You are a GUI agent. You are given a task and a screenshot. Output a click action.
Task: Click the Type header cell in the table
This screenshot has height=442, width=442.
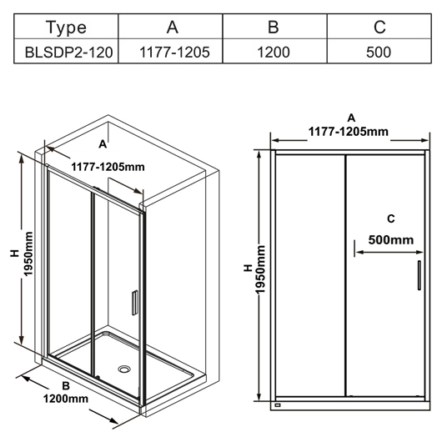(x=66, y=26)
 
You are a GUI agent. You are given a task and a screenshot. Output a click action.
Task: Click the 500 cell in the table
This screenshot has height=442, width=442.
(x=379, y=51)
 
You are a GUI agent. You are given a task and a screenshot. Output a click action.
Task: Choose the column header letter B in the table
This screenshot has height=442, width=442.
(x=274, y=27)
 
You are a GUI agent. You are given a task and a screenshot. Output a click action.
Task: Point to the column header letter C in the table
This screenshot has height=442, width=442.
(x=379, y=27)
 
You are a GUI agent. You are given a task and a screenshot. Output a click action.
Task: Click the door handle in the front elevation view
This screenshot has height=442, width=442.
(x=419, y=275)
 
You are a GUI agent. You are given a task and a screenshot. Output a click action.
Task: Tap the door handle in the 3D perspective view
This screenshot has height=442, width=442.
(x=135, y=303)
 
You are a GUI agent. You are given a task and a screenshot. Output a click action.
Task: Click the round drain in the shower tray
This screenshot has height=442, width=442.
(x=124, y=369)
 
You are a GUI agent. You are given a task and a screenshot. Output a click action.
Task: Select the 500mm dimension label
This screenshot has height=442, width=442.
(x=391, y=240)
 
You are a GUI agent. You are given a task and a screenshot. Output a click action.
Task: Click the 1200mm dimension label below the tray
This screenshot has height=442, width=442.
(x=65, y=399)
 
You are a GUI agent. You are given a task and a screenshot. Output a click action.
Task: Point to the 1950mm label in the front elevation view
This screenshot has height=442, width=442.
(x=261, y=269)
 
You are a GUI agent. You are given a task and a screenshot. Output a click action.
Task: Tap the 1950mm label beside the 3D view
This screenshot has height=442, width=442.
(x=28, y=254)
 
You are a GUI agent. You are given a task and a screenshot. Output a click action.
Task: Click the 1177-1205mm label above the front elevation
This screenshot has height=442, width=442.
(x=348, y=132)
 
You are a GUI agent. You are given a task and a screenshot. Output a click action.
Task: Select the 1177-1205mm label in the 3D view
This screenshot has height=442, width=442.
(x=108, y=167)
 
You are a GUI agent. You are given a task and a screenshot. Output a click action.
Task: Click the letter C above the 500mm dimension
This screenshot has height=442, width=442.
(x=391, y=218)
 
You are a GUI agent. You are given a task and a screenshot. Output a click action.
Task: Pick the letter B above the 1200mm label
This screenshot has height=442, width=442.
(x=66, y=385)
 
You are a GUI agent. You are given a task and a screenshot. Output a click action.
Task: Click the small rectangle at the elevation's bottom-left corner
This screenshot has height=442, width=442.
(x=278, y=405)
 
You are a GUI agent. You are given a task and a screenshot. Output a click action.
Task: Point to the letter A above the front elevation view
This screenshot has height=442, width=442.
(x=351, y=118)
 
